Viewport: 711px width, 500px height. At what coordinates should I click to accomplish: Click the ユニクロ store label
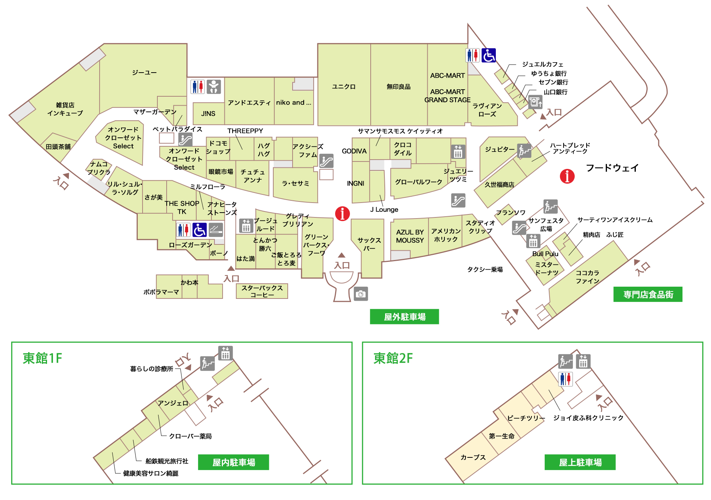[344, 87]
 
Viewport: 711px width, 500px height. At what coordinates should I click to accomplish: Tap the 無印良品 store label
[398, 87]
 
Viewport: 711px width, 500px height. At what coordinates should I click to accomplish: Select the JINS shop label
[208, 114]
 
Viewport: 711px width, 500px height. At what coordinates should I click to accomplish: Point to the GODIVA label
[354, 151]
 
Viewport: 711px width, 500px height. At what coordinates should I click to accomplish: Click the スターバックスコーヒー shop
[262, 291]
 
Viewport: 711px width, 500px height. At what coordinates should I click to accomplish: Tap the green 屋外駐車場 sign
[404, 317]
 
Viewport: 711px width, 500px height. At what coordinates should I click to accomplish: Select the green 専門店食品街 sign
[648, 294]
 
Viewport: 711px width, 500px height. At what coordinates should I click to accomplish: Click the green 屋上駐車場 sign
[580, 462]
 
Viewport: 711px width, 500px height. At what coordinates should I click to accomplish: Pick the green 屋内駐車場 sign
[233, 462]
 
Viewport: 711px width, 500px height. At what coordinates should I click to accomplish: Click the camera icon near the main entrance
[361, 294]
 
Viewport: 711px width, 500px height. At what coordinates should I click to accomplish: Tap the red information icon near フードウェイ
[567, 176]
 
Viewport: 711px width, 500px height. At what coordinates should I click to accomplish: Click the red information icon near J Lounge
[342, 213]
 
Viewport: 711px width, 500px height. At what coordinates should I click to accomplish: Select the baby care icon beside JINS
[214, 87]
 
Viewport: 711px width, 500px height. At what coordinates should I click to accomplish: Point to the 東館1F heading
[42, 359]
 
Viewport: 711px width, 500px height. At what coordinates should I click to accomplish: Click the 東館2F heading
[393, 359]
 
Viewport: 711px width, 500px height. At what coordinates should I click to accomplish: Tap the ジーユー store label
[144, 73]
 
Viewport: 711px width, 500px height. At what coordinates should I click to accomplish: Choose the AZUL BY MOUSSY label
[410, 236]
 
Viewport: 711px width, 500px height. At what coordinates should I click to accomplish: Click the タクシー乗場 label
[485, 270]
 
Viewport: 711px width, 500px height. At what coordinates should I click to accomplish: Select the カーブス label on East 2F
[473, 457]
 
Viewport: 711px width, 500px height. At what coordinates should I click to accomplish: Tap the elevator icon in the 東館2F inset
[583, 361]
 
